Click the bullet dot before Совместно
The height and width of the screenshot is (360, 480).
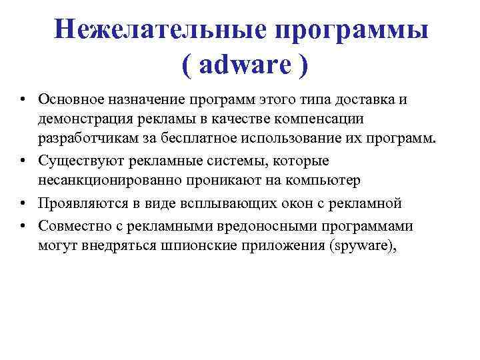[x=23, y=225]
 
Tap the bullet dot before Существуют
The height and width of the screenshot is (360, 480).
[x=23, y=162]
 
